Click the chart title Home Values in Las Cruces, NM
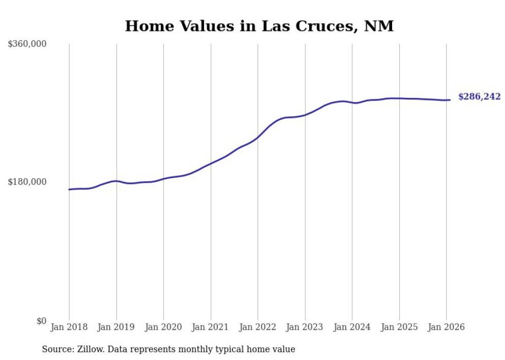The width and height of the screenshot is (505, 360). [x=259, y=26]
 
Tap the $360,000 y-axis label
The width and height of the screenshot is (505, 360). [x=27, y=44]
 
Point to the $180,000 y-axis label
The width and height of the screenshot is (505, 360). [x=27, y=182]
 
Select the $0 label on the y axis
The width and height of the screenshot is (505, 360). [x=41, y=321]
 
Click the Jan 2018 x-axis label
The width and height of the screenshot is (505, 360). [x=69, y=327]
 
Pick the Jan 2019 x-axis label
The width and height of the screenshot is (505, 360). [x=116, y=327]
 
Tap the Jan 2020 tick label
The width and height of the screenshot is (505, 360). [x=163, y=327]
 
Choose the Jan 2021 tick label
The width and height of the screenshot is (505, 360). [x=210, y=327]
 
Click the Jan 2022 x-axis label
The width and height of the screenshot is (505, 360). [x=258, y=327]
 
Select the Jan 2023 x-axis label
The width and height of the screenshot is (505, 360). [x=305, y=327]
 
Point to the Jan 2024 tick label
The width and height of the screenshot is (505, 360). [x=352, y=327]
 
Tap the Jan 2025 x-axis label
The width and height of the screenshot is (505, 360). [x=399, y=327]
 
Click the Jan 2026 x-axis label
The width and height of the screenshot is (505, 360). [x=446, y=327]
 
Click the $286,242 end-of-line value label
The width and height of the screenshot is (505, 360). [x=479, y=97]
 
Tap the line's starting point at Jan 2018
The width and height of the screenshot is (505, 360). [x=69, y=190]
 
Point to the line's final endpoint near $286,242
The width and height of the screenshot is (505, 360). [x=450, y=100]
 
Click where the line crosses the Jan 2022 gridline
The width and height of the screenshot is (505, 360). [x=258, y=137]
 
